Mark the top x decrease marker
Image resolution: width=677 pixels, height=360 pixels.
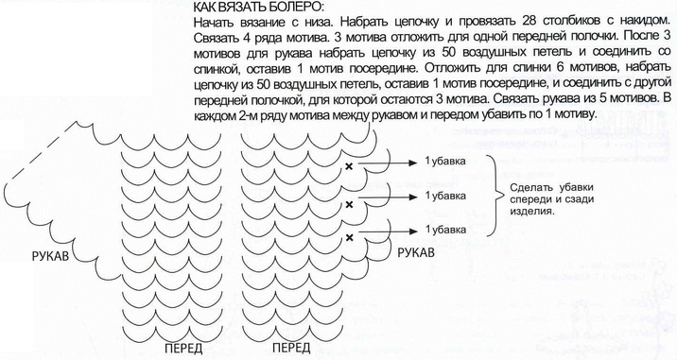(349, 166)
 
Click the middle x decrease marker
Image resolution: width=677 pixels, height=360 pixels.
(349, 204)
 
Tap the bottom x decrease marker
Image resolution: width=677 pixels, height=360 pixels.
(349, 237)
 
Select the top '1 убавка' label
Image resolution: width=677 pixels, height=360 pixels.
(445, 162)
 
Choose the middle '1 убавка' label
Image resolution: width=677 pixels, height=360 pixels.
(445, 196)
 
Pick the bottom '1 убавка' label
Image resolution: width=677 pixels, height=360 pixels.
(445, 230)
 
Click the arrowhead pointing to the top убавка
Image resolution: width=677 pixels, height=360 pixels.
(413, 163)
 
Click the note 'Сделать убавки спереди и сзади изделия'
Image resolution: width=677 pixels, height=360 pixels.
(552, 199)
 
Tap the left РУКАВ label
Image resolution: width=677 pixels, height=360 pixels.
(50, 256)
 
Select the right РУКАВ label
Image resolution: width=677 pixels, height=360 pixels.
(416, 253)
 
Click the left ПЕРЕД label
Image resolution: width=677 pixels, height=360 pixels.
(183, 349)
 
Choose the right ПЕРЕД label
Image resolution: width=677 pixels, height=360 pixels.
(291, 348)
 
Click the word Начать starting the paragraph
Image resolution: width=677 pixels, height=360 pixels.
(212, 20)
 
